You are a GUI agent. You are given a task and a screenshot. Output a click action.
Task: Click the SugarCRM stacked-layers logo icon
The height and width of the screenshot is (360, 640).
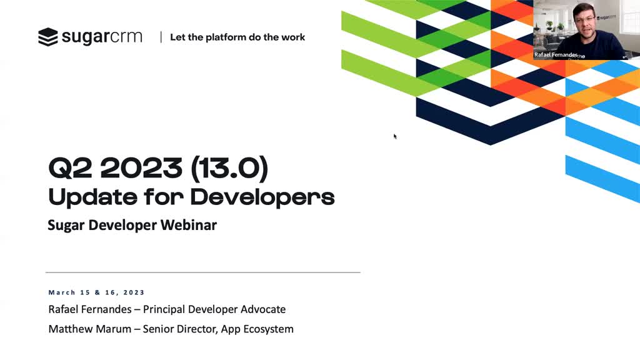click(47, 37)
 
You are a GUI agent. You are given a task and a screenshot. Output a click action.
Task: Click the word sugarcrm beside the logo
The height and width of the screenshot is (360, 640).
click(102, 37)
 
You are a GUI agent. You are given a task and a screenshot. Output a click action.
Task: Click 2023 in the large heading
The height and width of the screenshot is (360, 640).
click(141, 167)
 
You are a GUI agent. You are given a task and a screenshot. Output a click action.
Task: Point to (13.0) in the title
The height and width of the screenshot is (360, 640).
click(229, 168)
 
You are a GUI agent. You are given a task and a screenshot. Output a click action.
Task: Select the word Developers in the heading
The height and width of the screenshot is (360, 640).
click(262, 197)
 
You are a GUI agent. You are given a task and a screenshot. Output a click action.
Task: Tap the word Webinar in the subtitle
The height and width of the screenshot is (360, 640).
click(189, 225)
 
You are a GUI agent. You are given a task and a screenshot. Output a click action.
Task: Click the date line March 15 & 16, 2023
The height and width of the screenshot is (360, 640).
click(97, 292)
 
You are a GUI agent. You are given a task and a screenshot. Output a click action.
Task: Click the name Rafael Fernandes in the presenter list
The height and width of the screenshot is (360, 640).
click(90, 309)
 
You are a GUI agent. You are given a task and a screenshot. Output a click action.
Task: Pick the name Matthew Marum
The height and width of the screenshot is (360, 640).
click(90, 329)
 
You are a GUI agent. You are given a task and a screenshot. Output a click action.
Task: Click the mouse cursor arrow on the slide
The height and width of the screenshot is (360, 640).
click(395, 136)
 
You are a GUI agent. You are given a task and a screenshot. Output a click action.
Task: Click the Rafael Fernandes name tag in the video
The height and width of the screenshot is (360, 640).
click(556, 55)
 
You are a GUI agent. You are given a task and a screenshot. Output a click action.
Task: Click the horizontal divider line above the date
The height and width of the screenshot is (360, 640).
click(203, 272)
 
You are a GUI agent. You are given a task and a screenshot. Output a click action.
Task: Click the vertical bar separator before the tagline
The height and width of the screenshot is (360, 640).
click(161, 37)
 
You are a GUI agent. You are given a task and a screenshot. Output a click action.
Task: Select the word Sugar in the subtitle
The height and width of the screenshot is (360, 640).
click(66, 225)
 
